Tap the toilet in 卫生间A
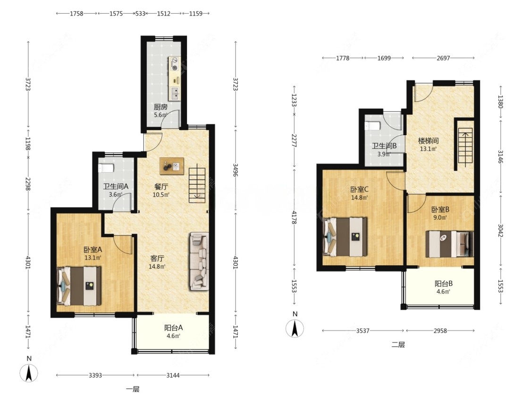pos(106,168)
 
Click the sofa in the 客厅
pos(198,261)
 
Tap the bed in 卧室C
pos(345,236)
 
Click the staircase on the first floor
pos(197,184)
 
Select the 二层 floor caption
pos(398,345)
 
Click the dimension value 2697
pos(443,58)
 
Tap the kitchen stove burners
pos(175,64)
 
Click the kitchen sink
pos(175,91)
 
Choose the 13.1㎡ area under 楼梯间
pos(429,149)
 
